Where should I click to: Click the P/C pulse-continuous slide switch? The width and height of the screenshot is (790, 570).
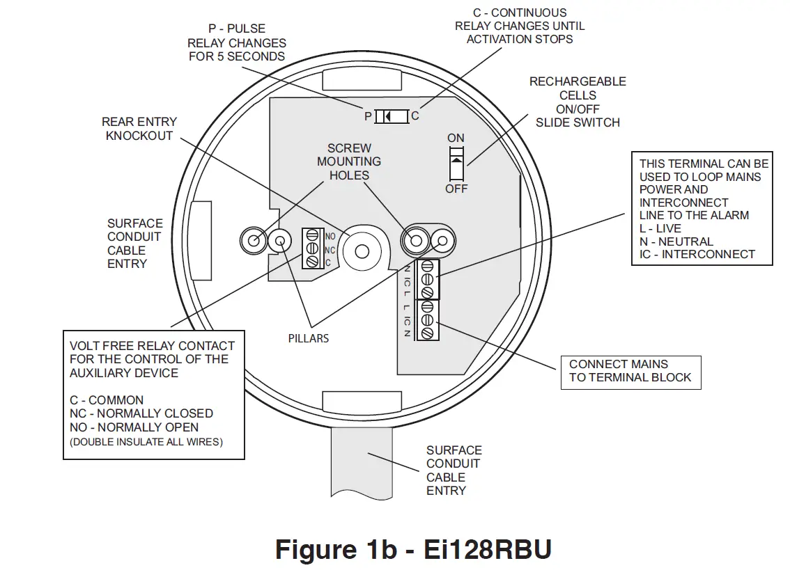click(391, 116)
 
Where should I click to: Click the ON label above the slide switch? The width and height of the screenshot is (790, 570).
click(456, 138)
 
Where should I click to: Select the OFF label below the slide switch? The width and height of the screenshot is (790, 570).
click(456, 189)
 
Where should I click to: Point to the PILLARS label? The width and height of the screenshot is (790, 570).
click(309, 338)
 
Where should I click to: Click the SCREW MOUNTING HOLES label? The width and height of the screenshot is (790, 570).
click(349, 161)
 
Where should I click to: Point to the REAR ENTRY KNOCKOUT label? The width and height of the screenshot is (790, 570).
click(139, 129)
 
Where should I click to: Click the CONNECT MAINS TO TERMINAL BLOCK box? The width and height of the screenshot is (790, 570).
click(630, 371)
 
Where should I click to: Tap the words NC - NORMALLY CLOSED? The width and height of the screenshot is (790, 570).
click(141, 413)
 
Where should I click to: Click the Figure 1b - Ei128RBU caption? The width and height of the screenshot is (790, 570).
click(414, 549)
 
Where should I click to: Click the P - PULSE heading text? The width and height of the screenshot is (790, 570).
click(237, 29)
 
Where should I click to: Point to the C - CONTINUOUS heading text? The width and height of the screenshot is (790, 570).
click(520, 13)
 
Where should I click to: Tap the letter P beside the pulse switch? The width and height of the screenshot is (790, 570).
click(368, 116)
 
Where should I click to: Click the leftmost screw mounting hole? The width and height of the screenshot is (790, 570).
click(252, 241)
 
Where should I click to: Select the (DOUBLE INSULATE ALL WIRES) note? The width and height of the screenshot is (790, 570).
click(146, 442)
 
